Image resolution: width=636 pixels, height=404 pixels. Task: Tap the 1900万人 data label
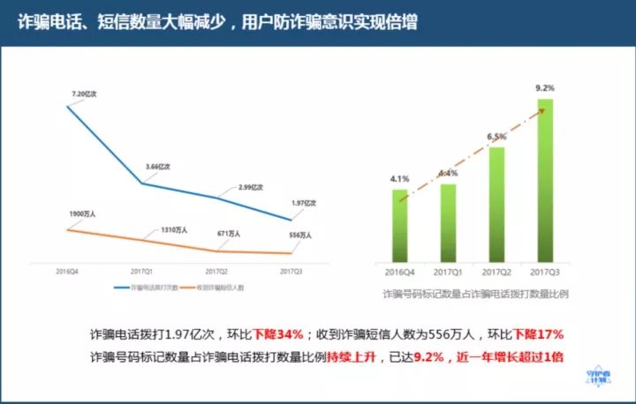(85, 214)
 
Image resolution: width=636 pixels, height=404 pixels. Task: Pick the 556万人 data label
(300, 236)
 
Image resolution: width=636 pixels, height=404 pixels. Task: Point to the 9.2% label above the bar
(545, 88)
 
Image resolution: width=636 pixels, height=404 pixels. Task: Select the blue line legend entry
(147, 288)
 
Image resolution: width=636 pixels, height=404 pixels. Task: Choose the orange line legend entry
(216, 288)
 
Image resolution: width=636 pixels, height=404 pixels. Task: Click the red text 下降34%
(278, 335)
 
